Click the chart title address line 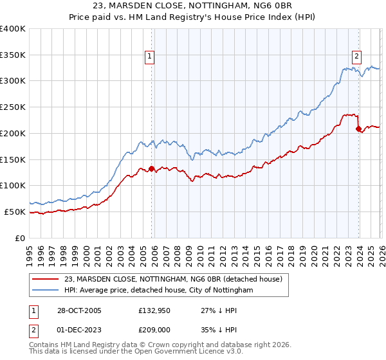pos(193,6)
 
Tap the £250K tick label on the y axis pos(13,107)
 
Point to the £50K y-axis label pos(15,212)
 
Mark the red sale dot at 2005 pos(152,168)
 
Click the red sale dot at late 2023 pos(358,129)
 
